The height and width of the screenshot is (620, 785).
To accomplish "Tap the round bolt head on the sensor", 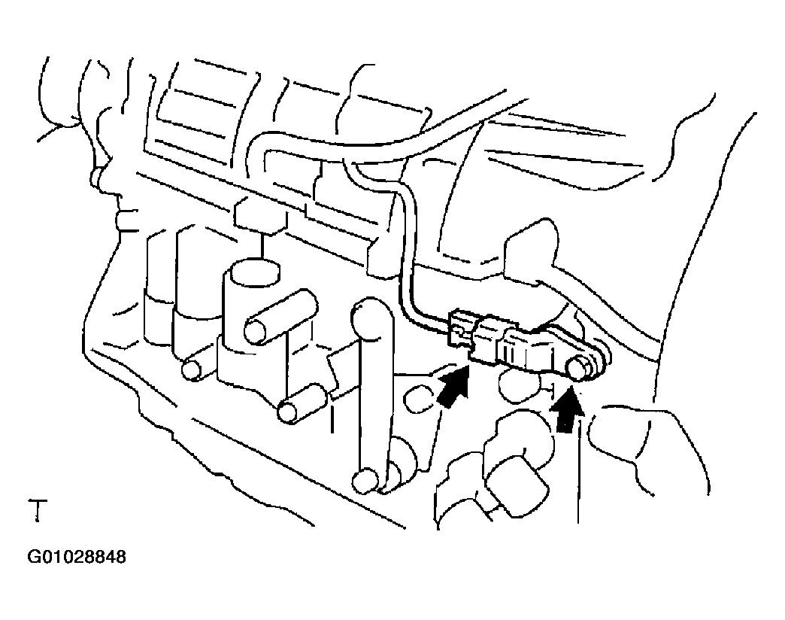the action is pos(581,368).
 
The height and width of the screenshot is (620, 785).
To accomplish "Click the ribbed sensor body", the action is pos(526,348).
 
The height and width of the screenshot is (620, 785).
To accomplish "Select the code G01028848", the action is pos(77,558).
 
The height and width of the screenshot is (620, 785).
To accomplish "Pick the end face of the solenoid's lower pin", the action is pos(287,412).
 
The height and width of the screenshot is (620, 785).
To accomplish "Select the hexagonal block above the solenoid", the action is pos(259,215).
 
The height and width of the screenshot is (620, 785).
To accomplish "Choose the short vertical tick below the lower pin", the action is pos(332,418).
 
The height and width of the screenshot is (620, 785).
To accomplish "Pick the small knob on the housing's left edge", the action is pos(95,178).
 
